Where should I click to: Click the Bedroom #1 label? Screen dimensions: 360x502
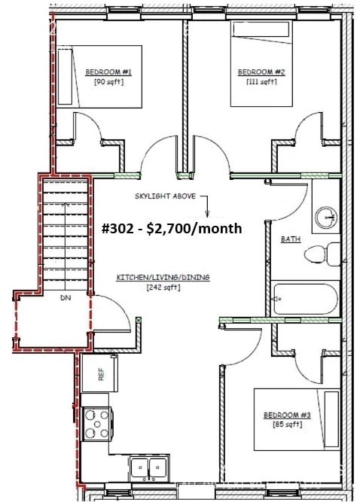click(x=108, y=72)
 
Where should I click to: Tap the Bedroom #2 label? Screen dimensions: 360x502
click(x=261, y=72)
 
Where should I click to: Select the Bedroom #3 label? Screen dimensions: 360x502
click(x=287, y=415)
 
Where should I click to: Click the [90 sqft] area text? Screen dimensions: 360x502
click(x=108, y=82)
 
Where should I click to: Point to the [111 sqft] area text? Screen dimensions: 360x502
click(x=261, y=82)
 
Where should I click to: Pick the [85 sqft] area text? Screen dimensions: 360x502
click(x=287, y=424)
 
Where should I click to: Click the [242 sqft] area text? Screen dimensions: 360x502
click(x=163, y=288)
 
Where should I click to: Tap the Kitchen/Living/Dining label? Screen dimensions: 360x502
click(x=163, y=277)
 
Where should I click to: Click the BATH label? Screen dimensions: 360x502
click(x=291, y=239)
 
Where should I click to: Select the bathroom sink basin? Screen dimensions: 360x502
click(x=326, y=218)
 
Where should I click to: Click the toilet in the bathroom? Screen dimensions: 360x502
click(x=322, y=254)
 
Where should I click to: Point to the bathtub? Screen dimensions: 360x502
click(x=304, y=299)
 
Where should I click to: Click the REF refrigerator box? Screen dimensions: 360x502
click(x=100, y=373)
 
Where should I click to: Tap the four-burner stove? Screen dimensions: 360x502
click(x=96, y=424)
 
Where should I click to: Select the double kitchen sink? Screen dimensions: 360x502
click(x=149, y=467)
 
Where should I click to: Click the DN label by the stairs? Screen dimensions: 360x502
click(x=66, y=298)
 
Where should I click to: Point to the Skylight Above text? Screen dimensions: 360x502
click(x=165, y=196)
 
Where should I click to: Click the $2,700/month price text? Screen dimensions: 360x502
click(x=194, y=229)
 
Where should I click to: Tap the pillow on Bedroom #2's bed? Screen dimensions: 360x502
click(x=261, y=29)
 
